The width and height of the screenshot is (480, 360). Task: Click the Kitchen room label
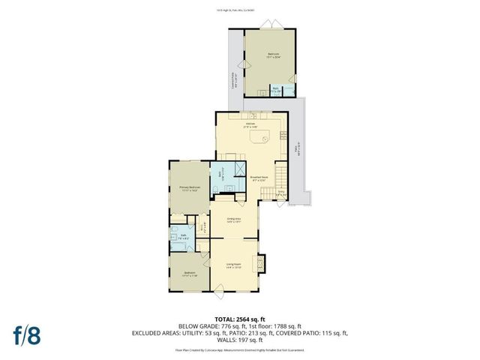tap(250, 124)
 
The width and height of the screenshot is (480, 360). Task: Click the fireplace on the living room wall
tap(262, 262)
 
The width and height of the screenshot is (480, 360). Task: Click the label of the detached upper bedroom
tap(274, 55)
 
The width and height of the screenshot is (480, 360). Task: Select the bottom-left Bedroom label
tap(190, 274)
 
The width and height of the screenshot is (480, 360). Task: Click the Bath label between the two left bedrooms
tap(183, 236)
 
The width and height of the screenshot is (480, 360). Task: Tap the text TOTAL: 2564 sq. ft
tap(239, 319)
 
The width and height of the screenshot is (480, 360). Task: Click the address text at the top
tap(239, 9)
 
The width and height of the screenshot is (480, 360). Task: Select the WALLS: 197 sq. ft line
tap(239, 340)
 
